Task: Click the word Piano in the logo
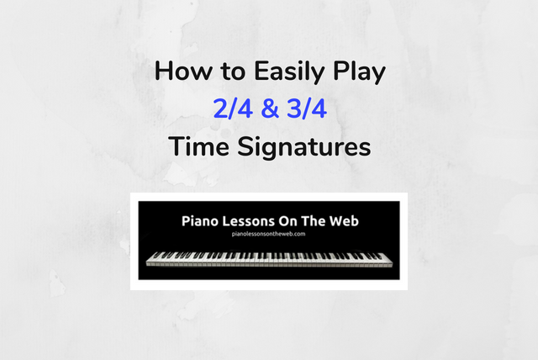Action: (x=199, y=221)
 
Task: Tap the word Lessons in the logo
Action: (x=248, y=221)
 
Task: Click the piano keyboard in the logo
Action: (x=269, y=258)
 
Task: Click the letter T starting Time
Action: (x=176, y=146)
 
